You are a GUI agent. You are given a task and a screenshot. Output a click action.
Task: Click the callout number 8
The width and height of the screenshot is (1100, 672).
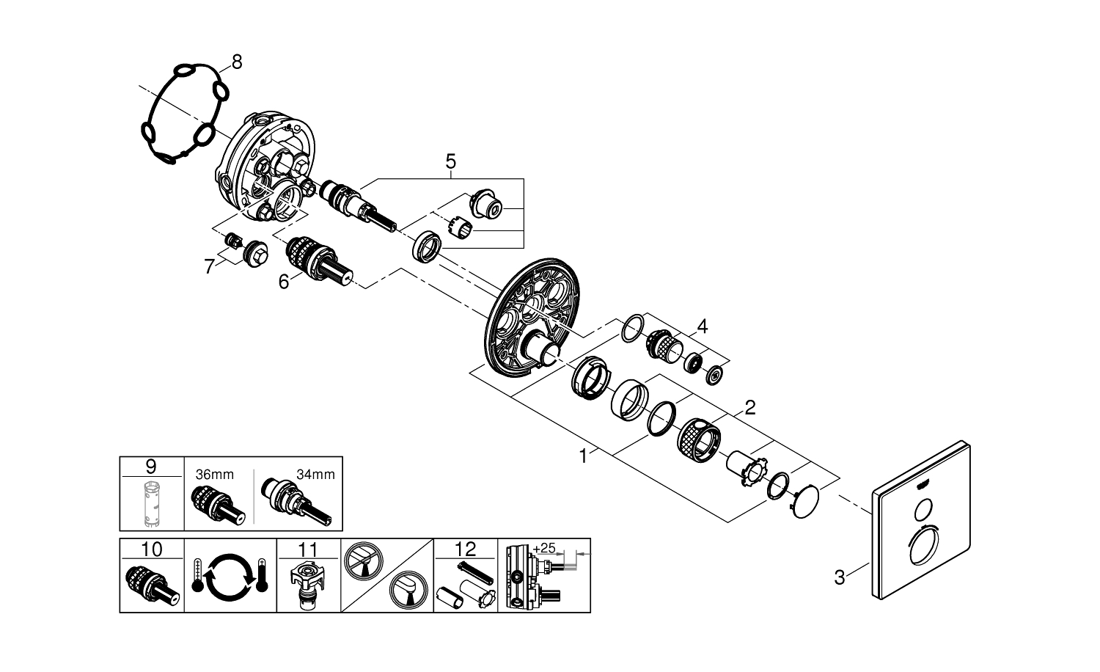click(235, 62)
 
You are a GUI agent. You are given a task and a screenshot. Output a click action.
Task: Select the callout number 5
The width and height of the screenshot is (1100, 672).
click(450, 161)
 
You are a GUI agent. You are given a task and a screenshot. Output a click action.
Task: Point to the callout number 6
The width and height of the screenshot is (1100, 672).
click(283, 281)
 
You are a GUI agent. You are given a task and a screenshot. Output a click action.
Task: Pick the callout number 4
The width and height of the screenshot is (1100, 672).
click(703, 326)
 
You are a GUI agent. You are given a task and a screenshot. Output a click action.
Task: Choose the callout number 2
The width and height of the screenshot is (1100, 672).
click(749, 407)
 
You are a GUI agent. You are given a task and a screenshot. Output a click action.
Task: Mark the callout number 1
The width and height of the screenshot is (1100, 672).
click(583, 456)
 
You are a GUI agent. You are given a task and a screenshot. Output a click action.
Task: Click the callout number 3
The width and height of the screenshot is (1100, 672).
click(840, 577)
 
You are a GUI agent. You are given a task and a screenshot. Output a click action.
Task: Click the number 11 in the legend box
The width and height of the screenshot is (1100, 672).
click(308, 549)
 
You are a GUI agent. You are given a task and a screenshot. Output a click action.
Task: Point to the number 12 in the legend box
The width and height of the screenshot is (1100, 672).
click(466, 549)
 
